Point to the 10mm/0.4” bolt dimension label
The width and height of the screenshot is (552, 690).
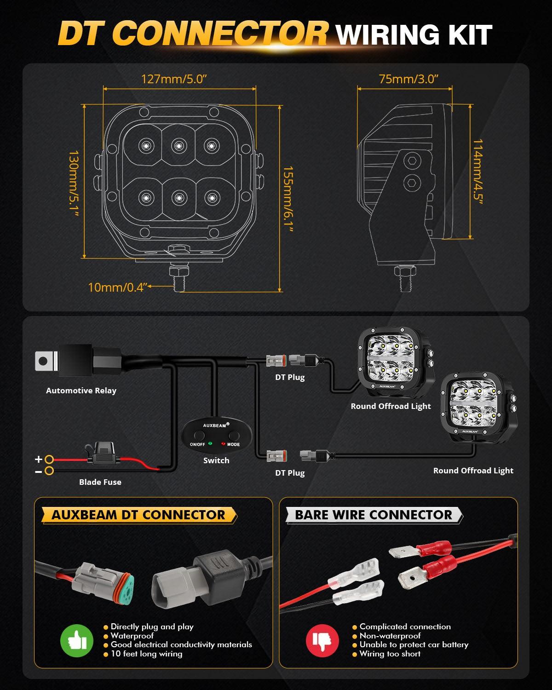[x=117, y=287]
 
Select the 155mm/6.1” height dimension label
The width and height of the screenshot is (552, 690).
[x=288, y=200]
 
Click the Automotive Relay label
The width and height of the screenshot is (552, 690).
[x=81, y=391]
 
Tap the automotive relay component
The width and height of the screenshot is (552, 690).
[x=80, y=361]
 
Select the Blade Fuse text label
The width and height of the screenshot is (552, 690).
[x=100, y=482]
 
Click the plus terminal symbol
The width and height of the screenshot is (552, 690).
[x=39, y=459]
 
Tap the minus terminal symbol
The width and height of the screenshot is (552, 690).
[x=39, y=471]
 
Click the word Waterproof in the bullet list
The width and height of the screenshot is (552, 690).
[x=132, y=636]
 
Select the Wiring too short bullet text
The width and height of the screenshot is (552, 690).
[x=390, y=654]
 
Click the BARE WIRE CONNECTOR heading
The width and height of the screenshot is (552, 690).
[x=374, y=515]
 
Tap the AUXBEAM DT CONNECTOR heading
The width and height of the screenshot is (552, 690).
[x=138, y=515]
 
